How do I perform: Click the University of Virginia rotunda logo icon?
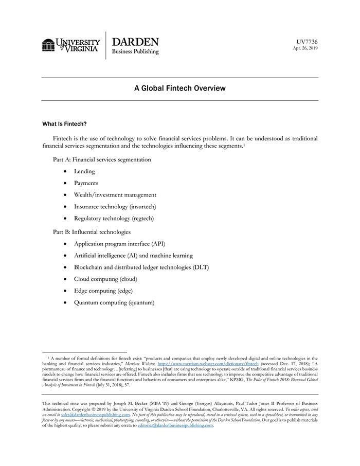pos(48,45)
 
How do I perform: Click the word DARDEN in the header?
pos(135,42)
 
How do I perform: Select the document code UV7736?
pos(307,41)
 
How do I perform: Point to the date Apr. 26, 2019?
pos(305,48)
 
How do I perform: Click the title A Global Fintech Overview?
pos(180,88)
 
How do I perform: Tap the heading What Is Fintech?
pos(64,124)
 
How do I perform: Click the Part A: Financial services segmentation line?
pos(102,159)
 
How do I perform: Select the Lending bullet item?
pos(84,171)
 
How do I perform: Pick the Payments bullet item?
pos(86,183)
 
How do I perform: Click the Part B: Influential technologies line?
pos(92,232)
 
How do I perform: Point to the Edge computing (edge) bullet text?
pos(103,291)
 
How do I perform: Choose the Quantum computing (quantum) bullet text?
pos(114,303)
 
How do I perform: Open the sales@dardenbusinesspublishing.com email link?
pos(96,414)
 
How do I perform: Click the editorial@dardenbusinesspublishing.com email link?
pos(175,425)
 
